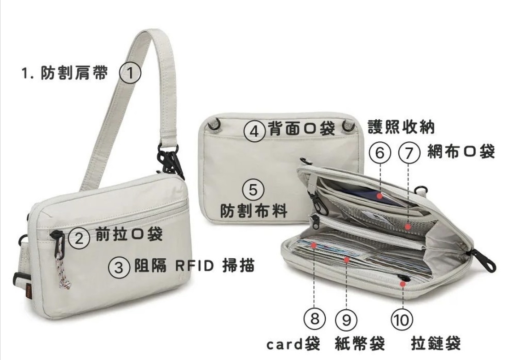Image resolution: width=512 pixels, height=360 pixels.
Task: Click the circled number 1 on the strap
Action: [x=130, y=74]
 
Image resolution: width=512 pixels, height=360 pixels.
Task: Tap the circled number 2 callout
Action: [x=80, y=238]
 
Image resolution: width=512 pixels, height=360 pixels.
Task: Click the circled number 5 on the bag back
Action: [x=255, y=190]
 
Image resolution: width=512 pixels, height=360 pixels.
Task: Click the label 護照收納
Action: [x=401, y=127]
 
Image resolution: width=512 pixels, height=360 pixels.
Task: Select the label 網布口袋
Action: [x=461, y=151]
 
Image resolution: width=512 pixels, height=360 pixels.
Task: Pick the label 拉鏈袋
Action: [x=436, y=343]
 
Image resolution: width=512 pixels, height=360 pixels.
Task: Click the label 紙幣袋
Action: [x=360, y=343]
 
